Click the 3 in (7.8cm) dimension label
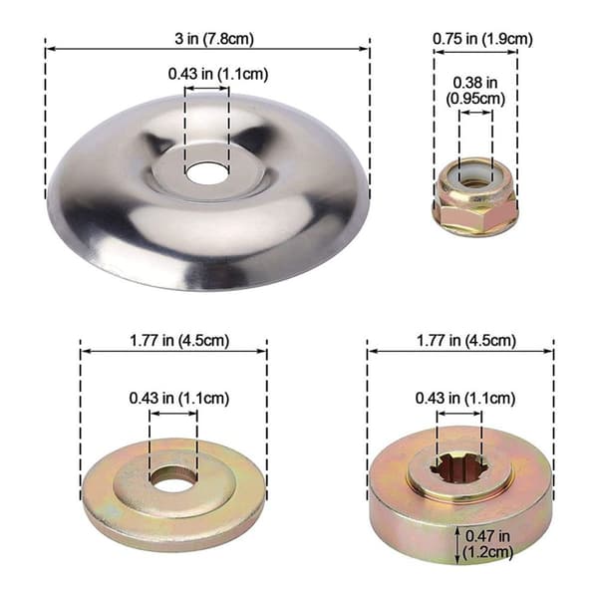214,39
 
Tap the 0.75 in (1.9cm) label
482,39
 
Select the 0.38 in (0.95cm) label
475,91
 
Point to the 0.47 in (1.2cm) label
487,544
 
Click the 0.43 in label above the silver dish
218,74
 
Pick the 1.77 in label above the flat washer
179,340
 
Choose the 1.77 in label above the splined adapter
466,340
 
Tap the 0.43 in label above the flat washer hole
179,398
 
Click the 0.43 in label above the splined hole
465,398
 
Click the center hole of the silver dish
206,172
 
